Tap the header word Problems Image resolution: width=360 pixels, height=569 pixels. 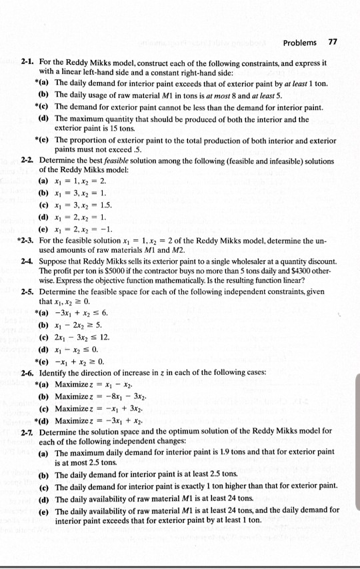point(300,43)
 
